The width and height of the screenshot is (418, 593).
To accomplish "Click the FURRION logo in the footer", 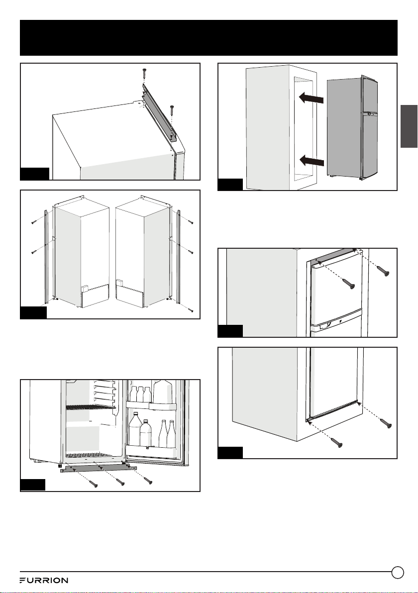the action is click(x=44, y=580).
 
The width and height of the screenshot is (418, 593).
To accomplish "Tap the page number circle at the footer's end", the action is click(x=398, y=572).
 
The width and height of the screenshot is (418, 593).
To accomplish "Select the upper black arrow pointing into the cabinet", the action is click(x=312, y=99).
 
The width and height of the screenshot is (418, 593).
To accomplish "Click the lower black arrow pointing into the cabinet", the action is click(x=312, y=161).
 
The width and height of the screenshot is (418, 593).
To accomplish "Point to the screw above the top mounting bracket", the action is click(x=144, y=75).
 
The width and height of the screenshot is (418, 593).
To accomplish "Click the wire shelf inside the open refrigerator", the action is click(x=90, y=407).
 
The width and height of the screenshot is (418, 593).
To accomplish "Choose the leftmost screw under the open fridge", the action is click(x=93, y=483).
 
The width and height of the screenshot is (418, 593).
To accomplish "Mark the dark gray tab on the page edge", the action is click(x=409, y=126).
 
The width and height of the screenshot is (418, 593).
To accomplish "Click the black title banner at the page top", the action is click(x=209, y=38).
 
